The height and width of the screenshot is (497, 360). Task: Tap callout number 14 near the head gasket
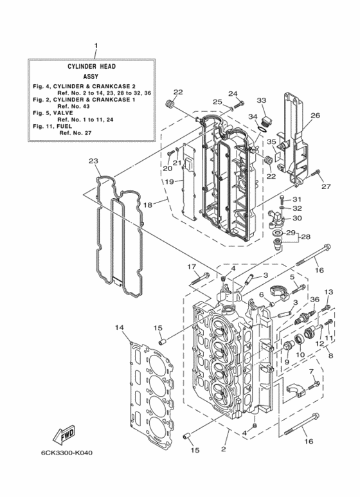point(119,328)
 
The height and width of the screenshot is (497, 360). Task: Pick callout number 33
point(261,100)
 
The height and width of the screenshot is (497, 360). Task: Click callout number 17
point(191,266)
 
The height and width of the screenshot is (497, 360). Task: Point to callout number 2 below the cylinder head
point(224,449)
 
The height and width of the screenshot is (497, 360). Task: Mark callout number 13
point(328,292)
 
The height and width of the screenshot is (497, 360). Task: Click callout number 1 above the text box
point(96,46)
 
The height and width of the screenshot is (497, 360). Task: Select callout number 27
point(326,186)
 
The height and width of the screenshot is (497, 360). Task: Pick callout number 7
point(311,372)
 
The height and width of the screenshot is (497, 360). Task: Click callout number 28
point(306,237)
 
